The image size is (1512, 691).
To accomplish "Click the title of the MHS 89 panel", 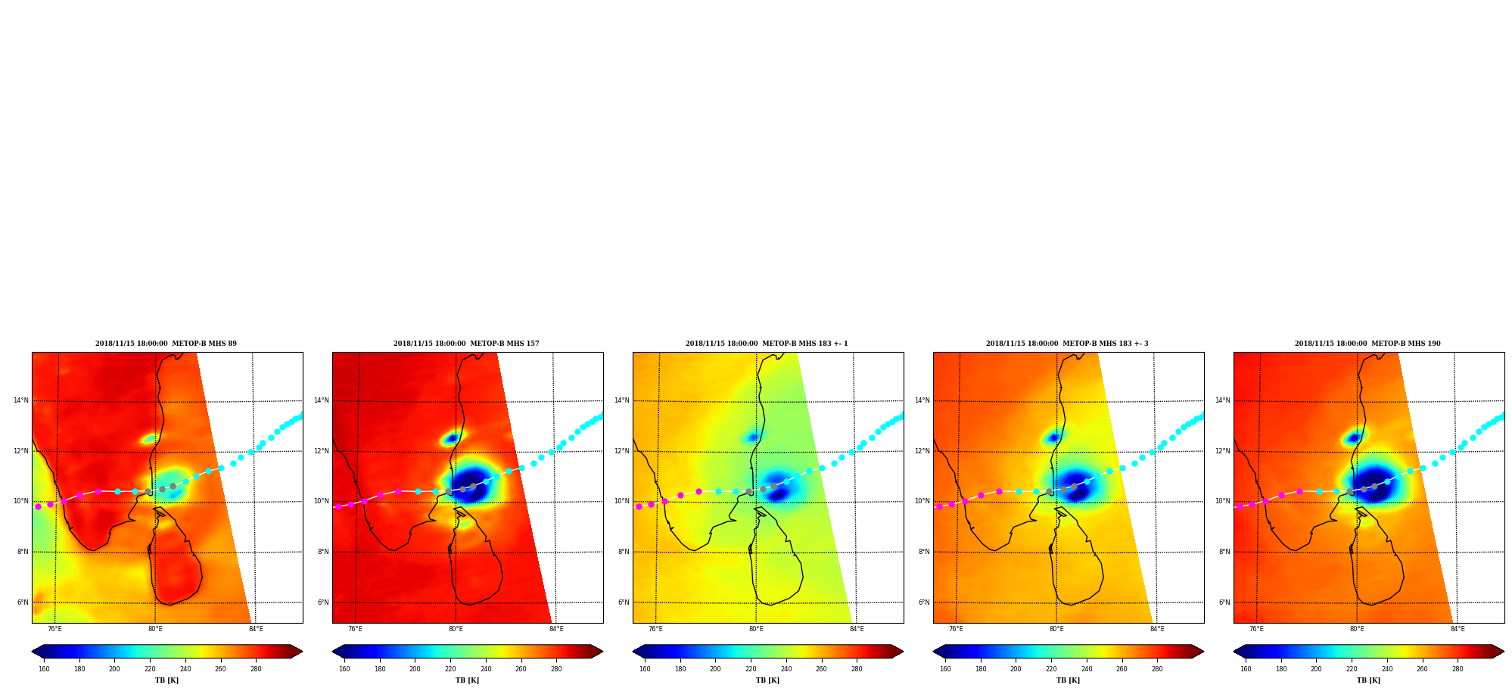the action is (x=166, y=344).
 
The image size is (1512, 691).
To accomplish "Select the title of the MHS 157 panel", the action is (x=466, y=344).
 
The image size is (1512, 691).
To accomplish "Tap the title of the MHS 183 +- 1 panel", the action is (x=767, y=344).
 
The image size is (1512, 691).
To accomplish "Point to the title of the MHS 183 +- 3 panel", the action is (x=1067, y=344).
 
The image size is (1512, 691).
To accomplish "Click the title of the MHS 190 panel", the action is (x=1367, y=344).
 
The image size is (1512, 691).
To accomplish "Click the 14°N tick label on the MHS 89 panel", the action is (x=21, y=400).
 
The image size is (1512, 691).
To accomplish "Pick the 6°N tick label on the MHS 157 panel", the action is (x=323, y=602).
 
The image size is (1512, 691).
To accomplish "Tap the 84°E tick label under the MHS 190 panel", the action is (x=1458, y=629).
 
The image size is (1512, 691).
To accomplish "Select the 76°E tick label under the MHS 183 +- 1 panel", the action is (x=655, y=629).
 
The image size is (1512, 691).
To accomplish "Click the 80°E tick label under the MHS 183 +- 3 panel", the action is (x=1056, y=629).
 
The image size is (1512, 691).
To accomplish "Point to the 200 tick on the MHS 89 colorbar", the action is (x=114, y=669).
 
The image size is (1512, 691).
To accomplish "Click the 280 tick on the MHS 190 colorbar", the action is (x=1458, y=669).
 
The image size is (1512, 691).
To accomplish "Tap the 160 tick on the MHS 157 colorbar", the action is (x=344, y=669).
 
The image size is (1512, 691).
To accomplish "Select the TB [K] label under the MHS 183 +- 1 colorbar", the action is (x=767, y=680).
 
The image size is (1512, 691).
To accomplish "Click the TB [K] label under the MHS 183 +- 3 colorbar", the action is (x=1068, y=680).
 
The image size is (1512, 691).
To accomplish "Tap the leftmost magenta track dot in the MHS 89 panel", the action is (x=38, y=506).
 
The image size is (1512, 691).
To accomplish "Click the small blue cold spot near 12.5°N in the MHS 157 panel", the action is (x=451, y=438).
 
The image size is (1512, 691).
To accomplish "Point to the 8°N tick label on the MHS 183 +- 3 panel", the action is (x=924, y=552).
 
